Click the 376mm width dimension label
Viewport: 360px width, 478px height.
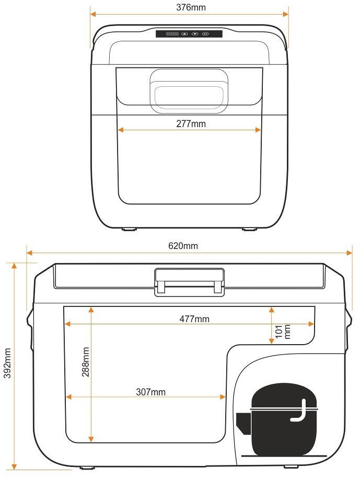(191, 7)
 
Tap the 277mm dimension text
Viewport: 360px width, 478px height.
(191, 124)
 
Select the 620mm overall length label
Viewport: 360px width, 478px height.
(183, 246)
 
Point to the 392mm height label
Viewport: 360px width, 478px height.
(7, 363)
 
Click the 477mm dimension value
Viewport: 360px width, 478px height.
(194, 319)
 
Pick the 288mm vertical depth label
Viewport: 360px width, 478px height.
(86, 362)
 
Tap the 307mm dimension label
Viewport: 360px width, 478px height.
(151, 392)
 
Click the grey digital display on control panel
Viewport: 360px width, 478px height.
(172, 34)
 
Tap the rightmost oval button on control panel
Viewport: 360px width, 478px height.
(205, 34)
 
